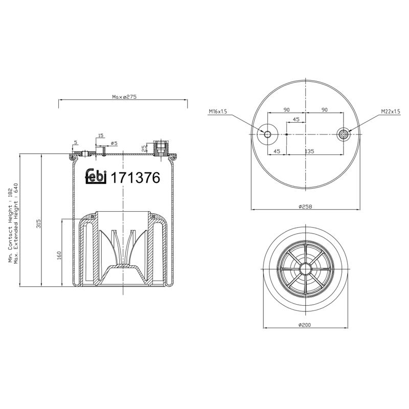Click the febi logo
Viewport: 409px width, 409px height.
[96, 176]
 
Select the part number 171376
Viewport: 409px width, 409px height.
[135, 178]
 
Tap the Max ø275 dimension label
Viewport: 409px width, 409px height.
[124, 97]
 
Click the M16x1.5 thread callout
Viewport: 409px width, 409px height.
[218, 111]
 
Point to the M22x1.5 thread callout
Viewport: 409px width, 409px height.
[391, 111]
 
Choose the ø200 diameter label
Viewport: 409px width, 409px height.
[305, 325]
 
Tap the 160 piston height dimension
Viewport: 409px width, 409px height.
[59, 255]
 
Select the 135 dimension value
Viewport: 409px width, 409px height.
[309, 151]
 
